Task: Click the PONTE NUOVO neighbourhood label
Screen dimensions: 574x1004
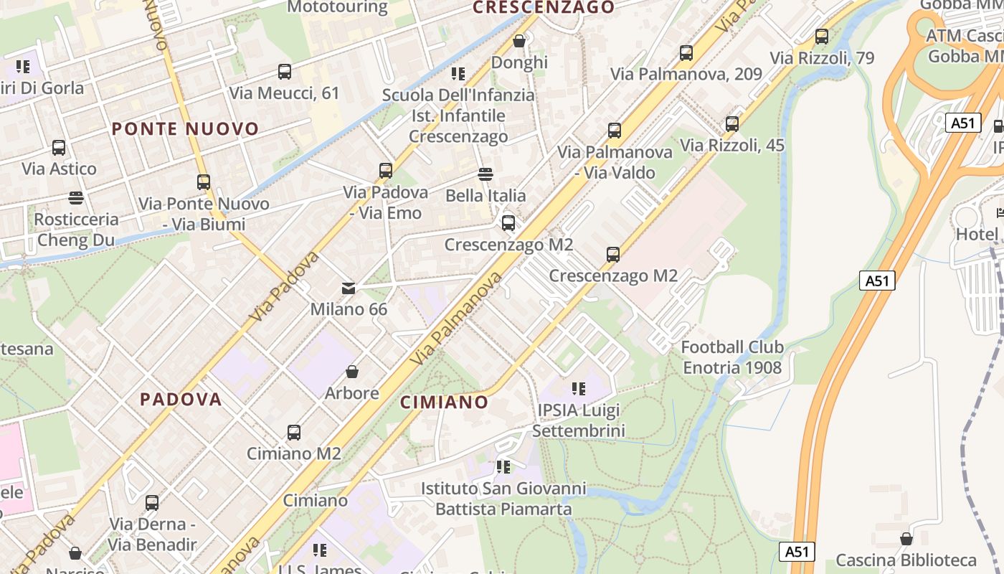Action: click(x=185, y=129)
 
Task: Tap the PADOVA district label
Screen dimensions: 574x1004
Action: click(x=181, y=400)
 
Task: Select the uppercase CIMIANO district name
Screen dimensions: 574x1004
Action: click(x=444, y=403)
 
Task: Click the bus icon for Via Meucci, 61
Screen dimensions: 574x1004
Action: click(x=285, y=72)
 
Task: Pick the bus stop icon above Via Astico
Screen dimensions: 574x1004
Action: click(x=59, y=148)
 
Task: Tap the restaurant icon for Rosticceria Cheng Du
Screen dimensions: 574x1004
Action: click(x=76, y=198)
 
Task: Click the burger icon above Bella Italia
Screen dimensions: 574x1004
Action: click(x=486, y=174)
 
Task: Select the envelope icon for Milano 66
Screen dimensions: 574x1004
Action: click(x=349, y=288)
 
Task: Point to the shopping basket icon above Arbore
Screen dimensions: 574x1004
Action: click(x=352, y=372)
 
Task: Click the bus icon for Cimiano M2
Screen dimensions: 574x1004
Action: click(x=294, y=433)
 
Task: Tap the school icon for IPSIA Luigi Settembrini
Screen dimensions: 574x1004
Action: click(x=578, y=390)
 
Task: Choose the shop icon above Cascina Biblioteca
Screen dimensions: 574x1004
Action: click(x=906, y=539)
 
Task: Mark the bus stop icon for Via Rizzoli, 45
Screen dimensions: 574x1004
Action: click(x=732, y=124)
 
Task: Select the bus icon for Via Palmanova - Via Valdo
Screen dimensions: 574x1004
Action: click(x=615, y=131)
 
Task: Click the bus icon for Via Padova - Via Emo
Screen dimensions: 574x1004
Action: click(x=386, y=171)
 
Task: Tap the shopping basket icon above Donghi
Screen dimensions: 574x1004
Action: click(x=519, y=42)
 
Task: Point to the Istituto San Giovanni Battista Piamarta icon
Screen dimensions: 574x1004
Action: click(x=503, y=468)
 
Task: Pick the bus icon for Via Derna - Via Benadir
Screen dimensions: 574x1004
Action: click(x=152, y=503)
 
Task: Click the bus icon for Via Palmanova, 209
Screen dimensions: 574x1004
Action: click(x=686, y=53)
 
